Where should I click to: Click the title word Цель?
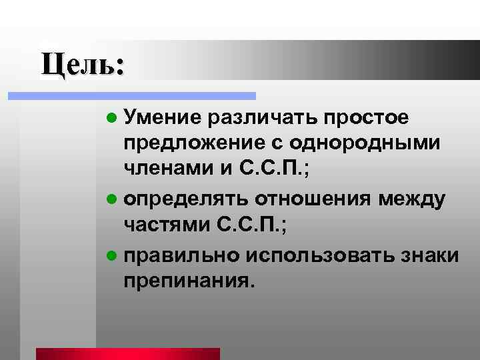pos(82,65)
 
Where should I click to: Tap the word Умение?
pos(162,119)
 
